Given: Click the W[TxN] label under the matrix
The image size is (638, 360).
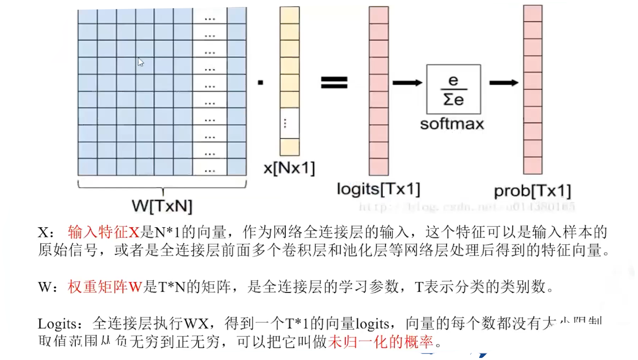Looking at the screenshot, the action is (x=162, y=206).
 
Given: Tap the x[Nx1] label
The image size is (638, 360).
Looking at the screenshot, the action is (x=289, y=168).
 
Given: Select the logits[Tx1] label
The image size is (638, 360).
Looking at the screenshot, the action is (x=378, y=189).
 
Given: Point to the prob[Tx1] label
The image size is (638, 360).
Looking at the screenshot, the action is (x=532, y=191).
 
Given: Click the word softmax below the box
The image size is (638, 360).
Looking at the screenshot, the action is (x=452, y=124).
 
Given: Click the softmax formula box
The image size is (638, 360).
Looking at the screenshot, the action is (x=453, y=89).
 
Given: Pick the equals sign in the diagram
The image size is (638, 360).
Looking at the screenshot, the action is (x=334, y=83).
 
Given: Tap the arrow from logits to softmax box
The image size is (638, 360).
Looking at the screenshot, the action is (x=407, y=83).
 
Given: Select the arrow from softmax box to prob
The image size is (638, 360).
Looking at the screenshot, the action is (x=504, y=83).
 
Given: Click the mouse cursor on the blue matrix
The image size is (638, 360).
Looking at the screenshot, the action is (x=141, y=62).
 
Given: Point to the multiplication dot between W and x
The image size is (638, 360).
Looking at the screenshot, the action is (x=261, y=83).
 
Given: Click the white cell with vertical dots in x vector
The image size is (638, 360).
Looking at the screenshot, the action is (x=289, y=123).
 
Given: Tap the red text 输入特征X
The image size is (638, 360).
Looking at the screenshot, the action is (x=104, y=232).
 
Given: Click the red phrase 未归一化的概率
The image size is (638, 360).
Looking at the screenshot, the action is (x=381, y=342).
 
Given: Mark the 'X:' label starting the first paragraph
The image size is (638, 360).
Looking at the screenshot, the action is (x=46, y=233).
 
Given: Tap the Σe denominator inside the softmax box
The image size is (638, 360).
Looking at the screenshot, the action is (x=453, y=100).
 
